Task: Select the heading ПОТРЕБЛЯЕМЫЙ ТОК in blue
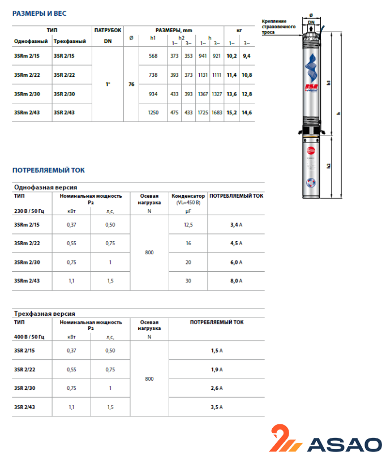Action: point(49,169)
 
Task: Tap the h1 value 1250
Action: point(152,113)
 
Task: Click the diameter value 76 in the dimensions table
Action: point(131,84)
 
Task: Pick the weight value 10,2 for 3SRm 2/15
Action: point(231,56)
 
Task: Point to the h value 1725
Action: point(203,113)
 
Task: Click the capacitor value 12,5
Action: point(188,224)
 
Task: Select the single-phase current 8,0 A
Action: point(237,280)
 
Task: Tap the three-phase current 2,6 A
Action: point(217,388)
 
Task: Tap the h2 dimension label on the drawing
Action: point(328,167)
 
